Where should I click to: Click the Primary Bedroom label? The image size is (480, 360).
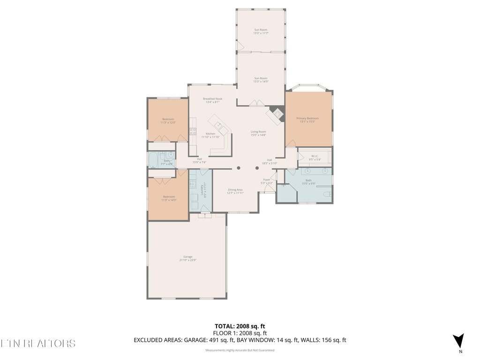coord(307,119)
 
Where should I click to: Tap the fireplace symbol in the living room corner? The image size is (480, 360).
coord(277,114)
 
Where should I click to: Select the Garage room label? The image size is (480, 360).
coord(187,257)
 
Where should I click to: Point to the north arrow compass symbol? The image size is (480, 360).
coord(459,341)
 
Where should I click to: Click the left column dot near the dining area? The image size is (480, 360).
coord(238,168)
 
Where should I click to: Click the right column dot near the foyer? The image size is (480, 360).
coord(257,168)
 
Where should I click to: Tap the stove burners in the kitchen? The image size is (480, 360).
coord(192,132)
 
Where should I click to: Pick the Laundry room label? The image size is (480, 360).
coord(202,189)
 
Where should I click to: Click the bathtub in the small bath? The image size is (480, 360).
coord(154,161)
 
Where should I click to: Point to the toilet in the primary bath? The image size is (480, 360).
coord(328,194)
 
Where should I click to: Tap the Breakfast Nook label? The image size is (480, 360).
coord(212,99)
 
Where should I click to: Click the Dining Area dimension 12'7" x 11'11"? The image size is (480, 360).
coord(236,193)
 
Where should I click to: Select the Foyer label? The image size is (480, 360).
coord(267,180)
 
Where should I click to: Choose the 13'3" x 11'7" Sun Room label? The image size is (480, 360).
coord(261,31)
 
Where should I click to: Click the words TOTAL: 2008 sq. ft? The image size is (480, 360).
coord(240,326)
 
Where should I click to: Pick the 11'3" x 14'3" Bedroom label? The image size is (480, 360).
coord(168,198)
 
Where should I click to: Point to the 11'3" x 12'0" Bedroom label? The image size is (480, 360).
coord(168,121)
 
